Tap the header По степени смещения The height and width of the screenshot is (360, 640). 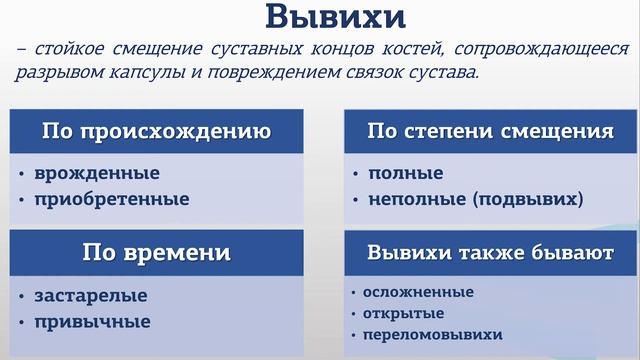(x=489, y=131)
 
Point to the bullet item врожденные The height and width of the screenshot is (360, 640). (x=97, y=174)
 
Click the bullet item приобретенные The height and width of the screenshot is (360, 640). (x=111, y=199)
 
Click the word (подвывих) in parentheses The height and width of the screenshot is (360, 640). (x=530, y=199)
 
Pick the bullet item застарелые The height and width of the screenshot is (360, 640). (x=91, y=296)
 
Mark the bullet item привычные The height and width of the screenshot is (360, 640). (x=93, y=322)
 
